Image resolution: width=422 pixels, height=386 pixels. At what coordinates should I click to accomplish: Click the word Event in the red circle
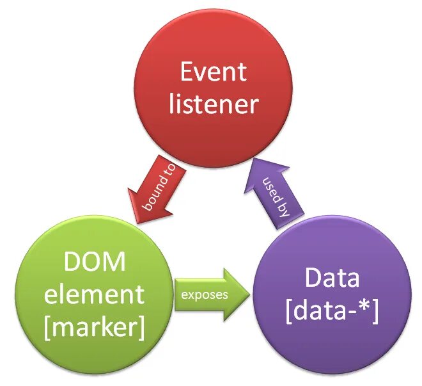pos(213,72)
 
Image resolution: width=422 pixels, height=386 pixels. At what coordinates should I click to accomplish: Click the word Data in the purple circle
pos(332,278)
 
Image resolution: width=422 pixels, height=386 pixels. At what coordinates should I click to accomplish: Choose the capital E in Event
pos(187,72)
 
